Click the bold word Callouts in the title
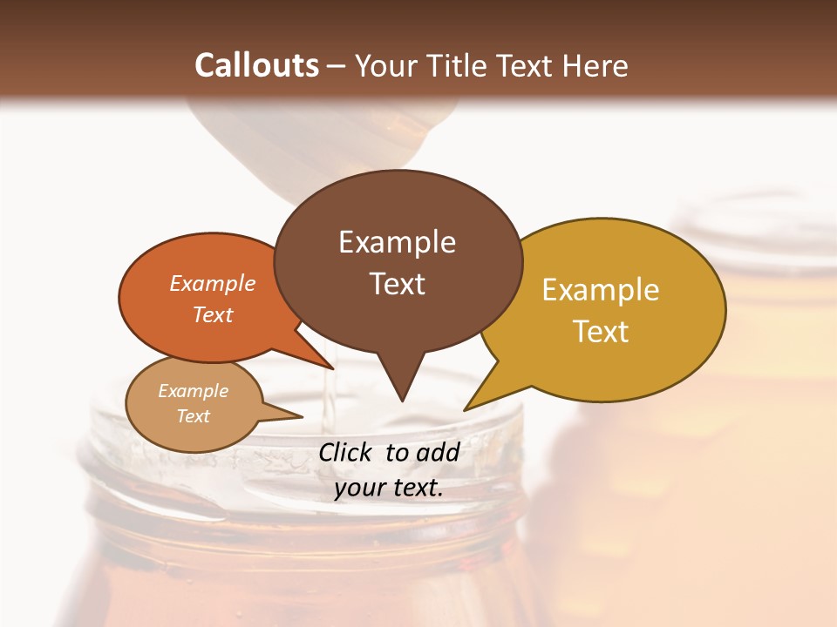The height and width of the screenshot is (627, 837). [256, 65]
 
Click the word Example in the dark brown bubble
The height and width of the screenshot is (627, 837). [397, 242]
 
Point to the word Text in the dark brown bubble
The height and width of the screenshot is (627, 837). [397, 284]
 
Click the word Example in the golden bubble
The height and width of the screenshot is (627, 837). [601, 290]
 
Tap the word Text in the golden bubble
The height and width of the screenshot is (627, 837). [601, 332]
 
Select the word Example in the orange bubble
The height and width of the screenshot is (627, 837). [213, 283]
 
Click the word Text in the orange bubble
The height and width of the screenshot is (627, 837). [213, 314]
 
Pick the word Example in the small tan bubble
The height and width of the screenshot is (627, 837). [193, 391]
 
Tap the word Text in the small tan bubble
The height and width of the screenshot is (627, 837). [193, 416]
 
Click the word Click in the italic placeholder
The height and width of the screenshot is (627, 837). [347, 452]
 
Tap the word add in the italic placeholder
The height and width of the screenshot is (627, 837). [438, 452]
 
